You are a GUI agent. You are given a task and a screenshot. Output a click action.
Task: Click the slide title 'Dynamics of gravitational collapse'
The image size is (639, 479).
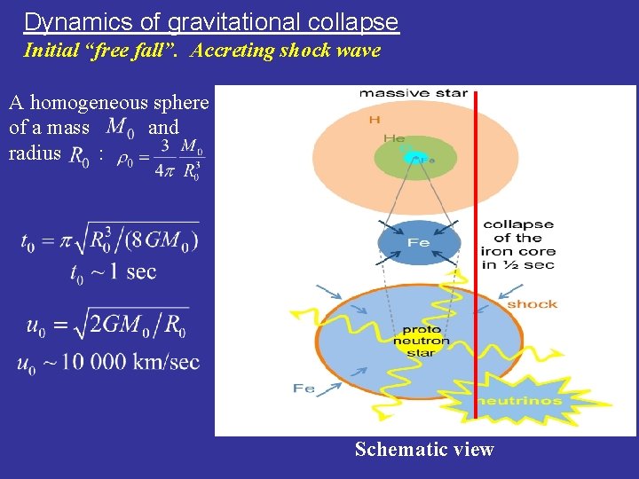pos(211,21)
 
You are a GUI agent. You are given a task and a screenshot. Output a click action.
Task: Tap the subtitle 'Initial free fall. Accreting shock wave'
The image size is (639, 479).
pos(201,51)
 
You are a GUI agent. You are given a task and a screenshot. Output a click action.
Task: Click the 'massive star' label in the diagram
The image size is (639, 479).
pos(413,93)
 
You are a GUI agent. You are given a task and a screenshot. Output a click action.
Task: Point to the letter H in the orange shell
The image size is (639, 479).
pos(375,120)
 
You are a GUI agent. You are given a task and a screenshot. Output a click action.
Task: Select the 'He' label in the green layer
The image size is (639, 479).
pos(394,138)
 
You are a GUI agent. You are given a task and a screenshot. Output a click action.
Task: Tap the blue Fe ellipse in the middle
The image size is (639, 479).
pos(419,242)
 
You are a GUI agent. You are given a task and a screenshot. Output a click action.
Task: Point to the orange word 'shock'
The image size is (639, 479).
pos(532,304)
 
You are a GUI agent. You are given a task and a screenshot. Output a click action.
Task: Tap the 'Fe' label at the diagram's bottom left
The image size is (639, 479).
pos(304,389)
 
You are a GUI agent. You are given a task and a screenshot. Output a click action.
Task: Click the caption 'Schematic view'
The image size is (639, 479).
pos(423,449)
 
